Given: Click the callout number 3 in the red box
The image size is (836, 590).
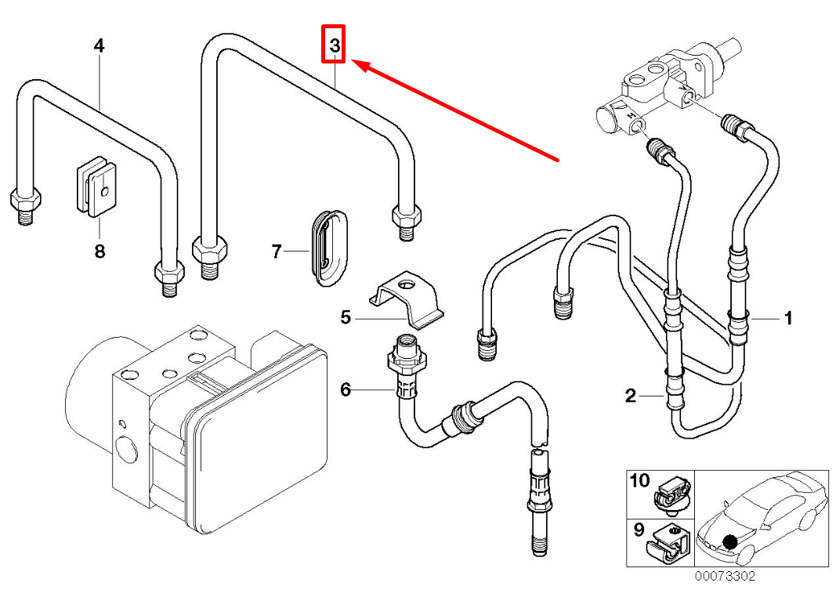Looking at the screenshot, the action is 335,45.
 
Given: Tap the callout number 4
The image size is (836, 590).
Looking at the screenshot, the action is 100,45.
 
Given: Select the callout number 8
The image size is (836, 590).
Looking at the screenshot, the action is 100,251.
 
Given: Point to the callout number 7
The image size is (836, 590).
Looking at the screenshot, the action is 276,251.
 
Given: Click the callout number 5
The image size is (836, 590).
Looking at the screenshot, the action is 346,318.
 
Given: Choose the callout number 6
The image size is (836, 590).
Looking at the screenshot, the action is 346,389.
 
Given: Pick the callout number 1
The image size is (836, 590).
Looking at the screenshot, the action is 788,318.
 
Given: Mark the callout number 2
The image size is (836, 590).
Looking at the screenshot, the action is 631,396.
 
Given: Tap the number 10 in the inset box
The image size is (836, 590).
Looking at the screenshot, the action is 640,481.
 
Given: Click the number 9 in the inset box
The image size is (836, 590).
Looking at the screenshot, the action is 639,530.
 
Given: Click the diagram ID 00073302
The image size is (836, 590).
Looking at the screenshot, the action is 725,576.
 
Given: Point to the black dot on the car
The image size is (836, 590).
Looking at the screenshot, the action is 730,542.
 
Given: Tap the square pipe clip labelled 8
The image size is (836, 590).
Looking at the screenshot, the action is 96,186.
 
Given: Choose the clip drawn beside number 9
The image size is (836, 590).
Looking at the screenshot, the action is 669,545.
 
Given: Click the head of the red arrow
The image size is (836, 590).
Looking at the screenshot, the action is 355,63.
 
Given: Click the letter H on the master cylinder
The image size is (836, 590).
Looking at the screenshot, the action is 630,115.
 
